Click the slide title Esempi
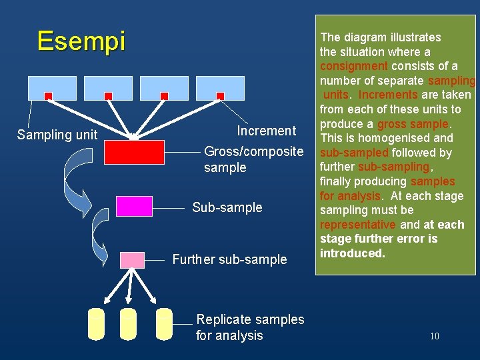pos(81,41)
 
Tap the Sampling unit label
pos(57,135)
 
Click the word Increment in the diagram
pos(266,131)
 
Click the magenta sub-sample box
pos(134,206)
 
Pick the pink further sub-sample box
pos(132,259)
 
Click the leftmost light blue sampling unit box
pos(52,87)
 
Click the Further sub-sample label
pos(229,259)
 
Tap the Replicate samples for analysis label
pos(249,327)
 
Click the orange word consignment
pos(353,66)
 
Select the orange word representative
pos(357,225)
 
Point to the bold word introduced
pos(353,253)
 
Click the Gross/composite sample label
pos(253,159)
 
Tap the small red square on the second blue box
pos(108,96)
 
